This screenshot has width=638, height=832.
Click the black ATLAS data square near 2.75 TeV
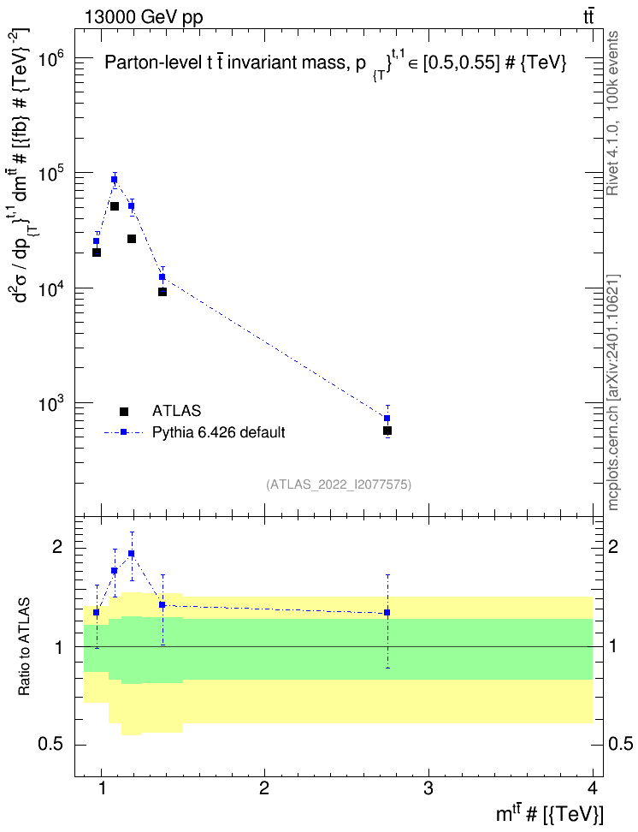[x=387, y=431]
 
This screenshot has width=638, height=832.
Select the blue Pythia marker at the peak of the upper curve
[x=114, y=180]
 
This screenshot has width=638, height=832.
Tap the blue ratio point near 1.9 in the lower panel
[x=132, y=554]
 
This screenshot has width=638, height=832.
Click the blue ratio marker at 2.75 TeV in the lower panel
[x=387, y=612]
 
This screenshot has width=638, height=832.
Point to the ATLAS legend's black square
[x=123, y=411]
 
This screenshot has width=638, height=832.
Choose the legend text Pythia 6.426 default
[x=218, y=432]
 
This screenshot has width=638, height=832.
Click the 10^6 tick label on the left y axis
[x=52, y=59]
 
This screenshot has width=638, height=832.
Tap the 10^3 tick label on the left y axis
[x=52, y=403]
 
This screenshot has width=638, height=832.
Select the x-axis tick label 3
[x=428, y=789]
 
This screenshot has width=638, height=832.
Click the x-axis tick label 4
[x=593, y=789]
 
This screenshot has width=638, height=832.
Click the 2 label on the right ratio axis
[x=613, y=546]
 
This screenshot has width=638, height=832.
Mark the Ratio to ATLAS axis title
[x=24, y=646]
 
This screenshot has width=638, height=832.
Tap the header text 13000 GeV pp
[x=144, y=17]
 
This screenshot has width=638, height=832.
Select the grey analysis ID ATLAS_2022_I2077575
[x=339, y=484]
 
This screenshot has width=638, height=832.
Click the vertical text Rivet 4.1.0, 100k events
[x=612, y=113]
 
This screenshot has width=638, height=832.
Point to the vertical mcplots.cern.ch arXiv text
[x=612, y=392]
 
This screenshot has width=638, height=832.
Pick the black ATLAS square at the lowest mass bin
[x=97, y=253]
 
